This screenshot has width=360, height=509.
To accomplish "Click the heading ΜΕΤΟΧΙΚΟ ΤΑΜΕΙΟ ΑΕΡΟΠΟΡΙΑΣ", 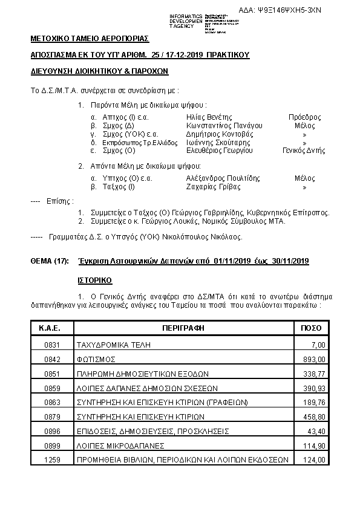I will pyautogui.click(x=89, y=39).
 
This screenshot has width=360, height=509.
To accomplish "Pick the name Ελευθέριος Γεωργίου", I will pyautogui.click(x=219, y=151).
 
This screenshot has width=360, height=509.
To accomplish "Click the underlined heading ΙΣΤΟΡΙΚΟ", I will pyautogui.click(x=94, y=281).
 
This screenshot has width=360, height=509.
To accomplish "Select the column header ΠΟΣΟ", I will pyautogui.click(x=311, y=328).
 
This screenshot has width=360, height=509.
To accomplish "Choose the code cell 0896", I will pyautogui.click(x=53, y=431).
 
